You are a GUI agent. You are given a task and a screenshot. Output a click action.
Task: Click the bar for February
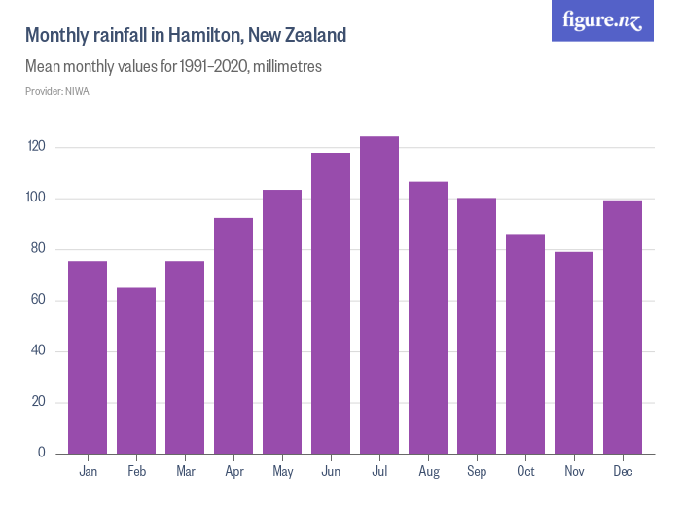[x=136, y=371]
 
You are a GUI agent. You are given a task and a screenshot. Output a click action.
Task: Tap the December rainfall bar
[x=623, y=327]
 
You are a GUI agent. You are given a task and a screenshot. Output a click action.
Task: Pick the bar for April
[x=233, y=336]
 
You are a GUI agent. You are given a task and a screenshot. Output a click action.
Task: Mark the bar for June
[x=331, y=303]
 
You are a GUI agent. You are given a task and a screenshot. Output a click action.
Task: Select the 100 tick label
[x=37, y=199]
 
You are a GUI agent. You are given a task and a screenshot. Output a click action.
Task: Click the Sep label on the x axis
[x=477, y=472]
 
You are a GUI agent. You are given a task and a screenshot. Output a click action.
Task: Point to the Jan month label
[x=88, y=472]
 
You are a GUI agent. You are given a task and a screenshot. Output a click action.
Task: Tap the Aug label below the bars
[x=428, y=472]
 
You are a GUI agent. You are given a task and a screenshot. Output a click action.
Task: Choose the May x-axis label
[x=282, y=472]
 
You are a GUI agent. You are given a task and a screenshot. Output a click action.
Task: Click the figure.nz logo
[x=603, y=20]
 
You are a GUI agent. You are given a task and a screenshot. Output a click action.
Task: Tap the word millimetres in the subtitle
[x=287, y=68]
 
